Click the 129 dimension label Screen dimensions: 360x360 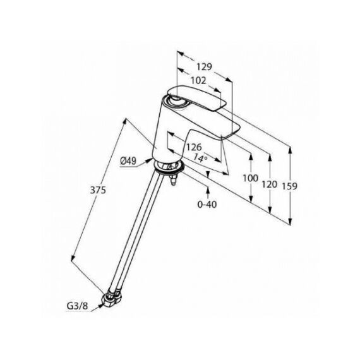[x=204, y=67]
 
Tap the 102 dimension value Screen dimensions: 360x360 [x=198, y=81]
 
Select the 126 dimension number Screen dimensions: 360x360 [x=194, y=147]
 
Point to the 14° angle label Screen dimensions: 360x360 [x=200, y=158]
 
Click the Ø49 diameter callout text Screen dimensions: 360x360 [x=129, y=161]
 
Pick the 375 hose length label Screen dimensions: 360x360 [x=98, y=190]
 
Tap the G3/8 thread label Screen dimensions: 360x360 [x=78, y=306]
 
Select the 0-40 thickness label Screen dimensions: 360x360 [x=207, y=204]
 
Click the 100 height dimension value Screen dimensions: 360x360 [x=251, y=178]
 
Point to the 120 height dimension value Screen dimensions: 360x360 [x=270, y=184]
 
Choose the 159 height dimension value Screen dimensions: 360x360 [x=289, y=186]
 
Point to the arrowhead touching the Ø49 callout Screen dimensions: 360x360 [x=149, y=160]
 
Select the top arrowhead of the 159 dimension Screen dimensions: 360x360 [x=290, y=150]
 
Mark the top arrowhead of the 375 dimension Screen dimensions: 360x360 [x=124, y=121]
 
